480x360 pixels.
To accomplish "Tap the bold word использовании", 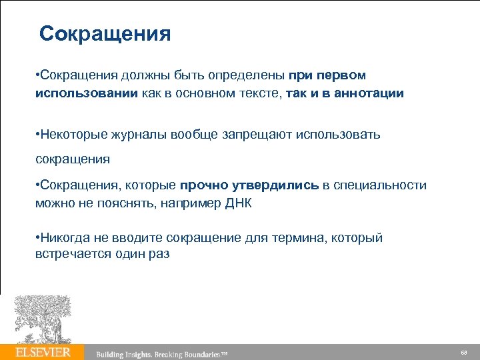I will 87,93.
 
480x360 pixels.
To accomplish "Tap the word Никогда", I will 64,238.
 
